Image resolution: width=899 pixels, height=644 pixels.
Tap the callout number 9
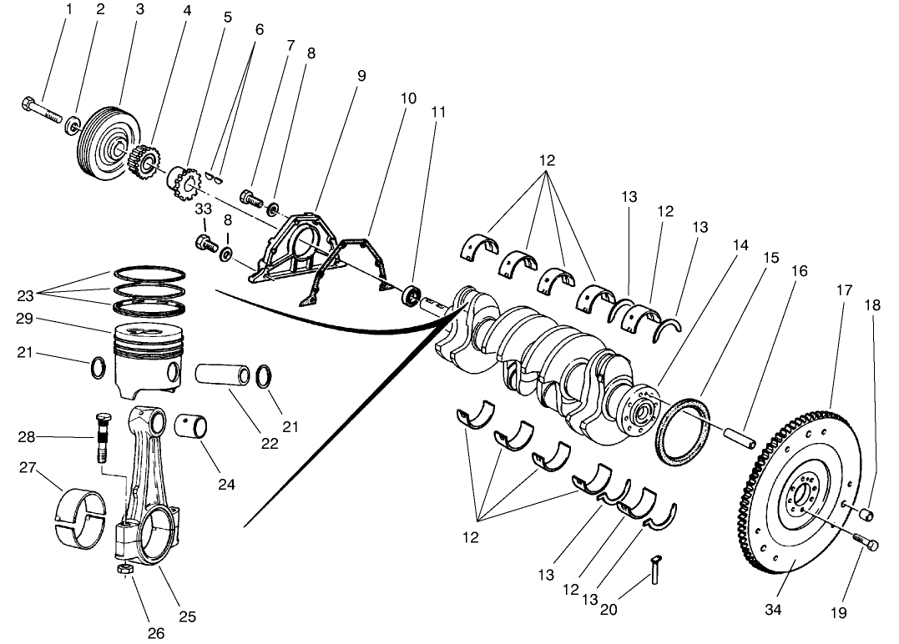361,75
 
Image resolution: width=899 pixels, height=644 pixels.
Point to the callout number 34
773,610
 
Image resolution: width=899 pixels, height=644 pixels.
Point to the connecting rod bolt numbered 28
101,436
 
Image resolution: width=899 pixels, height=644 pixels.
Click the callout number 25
188,617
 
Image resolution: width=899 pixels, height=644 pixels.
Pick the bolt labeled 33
204,243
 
